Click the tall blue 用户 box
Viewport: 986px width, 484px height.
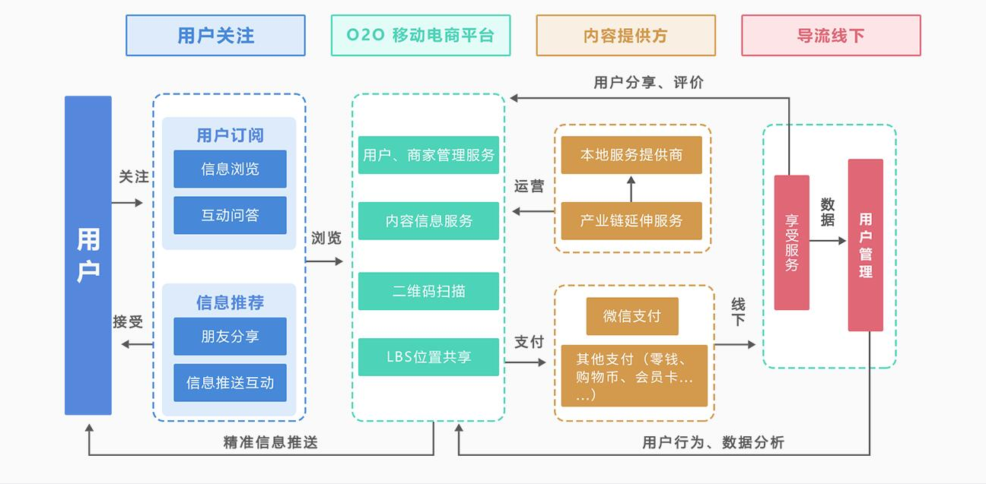point(88,255)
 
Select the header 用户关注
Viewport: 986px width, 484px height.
point(215,36)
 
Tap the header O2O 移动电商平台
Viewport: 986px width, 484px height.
point(421,36)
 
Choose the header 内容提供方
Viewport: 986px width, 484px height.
point(625,36)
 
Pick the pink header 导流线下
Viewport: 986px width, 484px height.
point(831,36)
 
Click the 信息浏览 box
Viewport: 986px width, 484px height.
point(230,169)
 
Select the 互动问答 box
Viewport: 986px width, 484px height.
point(230,215)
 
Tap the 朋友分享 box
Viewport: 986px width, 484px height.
point(230,336)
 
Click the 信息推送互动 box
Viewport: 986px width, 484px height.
point(230,382)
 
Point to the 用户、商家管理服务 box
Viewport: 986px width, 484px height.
point(428,155)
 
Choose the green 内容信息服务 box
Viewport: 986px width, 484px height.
point(428,221)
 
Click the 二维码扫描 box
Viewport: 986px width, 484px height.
point(428,291)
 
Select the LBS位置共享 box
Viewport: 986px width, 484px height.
point(428,357)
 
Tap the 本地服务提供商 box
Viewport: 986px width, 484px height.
point(631,155)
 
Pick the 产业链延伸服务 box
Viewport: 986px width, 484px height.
point(631,221)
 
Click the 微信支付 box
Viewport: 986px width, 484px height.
point(631,316)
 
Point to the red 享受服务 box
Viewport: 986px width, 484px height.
point(791,242)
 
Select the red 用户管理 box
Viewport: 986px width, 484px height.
point(866,245)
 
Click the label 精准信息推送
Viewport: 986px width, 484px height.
point(270,442)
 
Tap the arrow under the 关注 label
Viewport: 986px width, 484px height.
point(127,202)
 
